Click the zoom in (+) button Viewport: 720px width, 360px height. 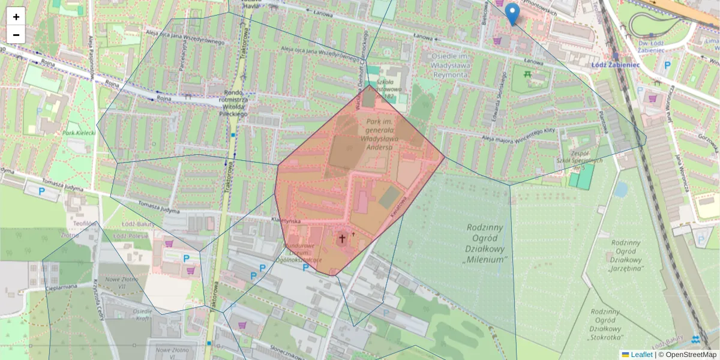coord(16,17)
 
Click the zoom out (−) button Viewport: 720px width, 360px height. coord(16,35)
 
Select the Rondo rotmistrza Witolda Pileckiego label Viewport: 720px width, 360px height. coord(236,103)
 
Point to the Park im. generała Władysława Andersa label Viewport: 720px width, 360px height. coord(379,134)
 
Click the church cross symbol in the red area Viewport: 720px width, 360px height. coord(343,239)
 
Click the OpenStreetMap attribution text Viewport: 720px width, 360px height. coord(687,355)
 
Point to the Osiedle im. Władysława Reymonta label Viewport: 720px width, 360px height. coord(458,65)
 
